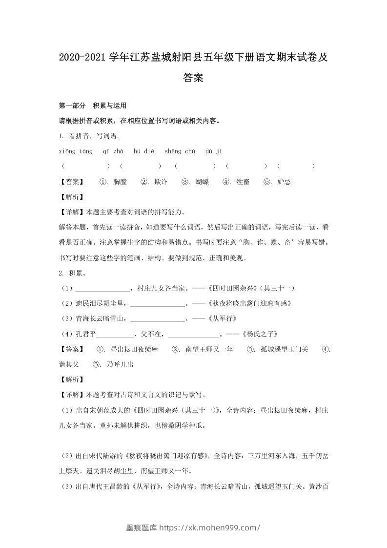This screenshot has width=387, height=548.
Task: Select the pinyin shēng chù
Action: pos(180,151)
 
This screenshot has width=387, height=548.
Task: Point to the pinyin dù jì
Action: pos(214,151)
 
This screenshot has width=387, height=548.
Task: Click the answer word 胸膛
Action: pos(120,182)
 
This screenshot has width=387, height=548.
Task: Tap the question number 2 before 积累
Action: pos(61,274)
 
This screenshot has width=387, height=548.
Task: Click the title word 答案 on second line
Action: pos(193,77)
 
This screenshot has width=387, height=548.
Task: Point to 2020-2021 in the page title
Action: pos(81,58)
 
